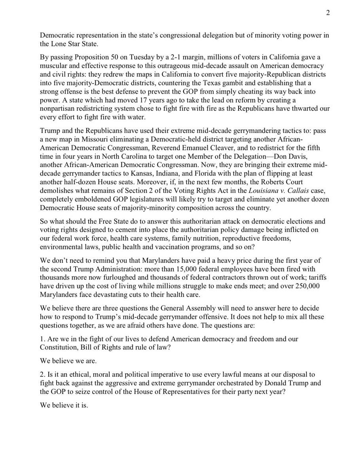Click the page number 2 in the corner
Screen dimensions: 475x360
(328, 12)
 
